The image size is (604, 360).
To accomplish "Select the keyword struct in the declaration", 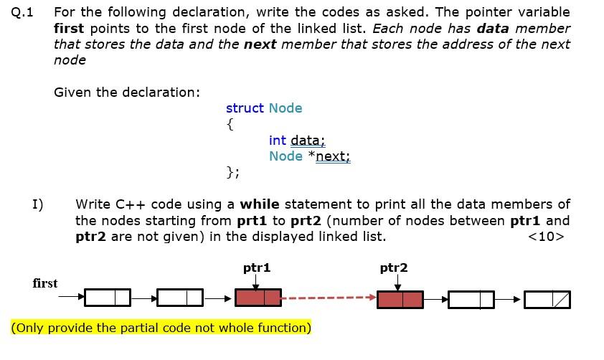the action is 245,108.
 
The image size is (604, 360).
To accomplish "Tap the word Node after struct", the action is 286,108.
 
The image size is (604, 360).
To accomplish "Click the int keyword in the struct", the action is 278,140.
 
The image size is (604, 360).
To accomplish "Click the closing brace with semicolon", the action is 233,172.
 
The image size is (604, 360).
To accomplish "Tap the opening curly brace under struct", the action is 230,124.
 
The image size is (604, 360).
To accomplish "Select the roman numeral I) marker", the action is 38,204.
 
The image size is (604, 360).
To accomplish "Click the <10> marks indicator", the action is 546,237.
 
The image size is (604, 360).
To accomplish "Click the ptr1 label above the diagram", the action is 257,267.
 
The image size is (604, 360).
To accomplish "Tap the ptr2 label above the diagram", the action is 393,267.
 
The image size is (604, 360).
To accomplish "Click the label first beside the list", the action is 45,283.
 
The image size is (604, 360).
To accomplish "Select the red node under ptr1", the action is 258,298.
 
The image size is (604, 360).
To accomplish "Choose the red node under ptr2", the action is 400,298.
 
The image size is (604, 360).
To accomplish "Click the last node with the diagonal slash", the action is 547,298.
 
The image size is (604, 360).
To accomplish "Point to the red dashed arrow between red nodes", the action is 328,297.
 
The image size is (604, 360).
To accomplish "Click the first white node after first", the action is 108,297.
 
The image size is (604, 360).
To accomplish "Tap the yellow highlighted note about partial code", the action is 161,328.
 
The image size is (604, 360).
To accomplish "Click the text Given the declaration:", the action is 127,93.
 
